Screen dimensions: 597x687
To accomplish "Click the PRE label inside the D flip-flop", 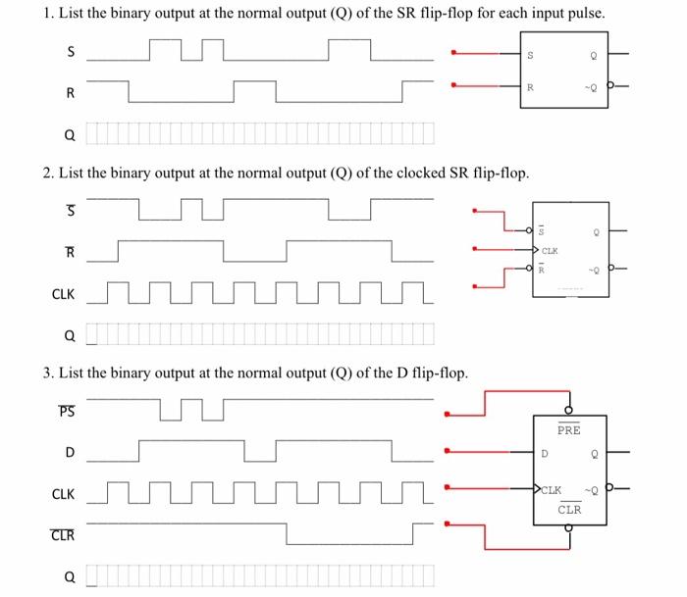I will point(568,430).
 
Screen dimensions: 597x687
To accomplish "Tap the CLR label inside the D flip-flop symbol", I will point(569,509).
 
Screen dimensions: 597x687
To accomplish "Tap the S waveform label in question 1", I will point(69,52).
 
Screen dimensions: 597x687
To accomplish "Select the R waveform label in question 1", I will point(69,93).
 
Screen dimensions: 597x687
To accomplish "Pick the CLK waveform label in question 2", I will point(62,292).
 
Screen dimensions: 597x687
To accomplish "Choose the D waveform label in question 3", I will point(69,452).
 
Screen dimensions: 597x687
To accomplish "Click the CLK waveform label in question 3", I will point(62,493).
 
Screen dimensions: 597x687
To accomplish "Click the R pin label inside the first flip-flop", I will point(531,86).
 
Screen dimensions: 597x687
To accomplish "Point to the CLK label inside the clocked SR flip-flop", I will point(554,251).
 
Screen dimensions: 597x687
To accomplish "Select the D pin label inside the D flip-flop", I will point(545,453).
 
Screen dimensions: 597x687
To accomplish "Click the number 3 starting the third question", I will point(47,373).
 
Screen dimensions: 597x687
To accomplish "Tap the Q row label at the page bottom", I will point(69,576).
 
